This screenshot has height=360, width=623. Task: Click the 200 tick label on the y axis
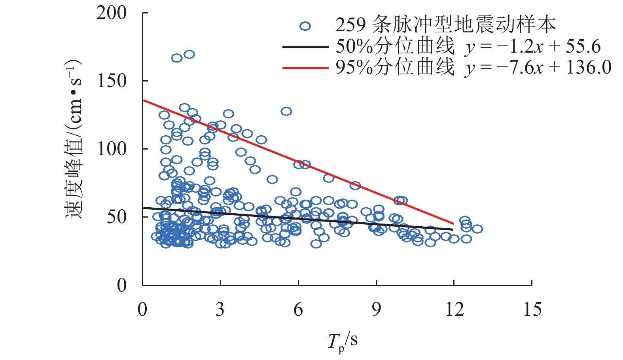(112, 13)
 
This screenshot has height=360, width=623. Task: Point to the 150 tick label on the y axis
(112, 81)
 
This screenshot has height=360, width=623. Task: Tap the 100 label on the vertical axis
(112, 149)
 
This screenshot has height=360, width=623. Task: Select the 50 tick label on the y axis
(117, 217)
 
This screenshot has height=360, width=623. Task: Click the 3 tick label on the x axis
(220, 309)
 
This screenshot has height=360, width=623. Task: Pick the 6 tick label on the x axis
(298, 309)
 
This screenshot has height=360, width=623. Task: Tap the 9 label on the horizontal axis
(376, 309)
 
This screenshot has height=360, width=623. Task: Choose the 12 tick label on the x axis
(454, 309)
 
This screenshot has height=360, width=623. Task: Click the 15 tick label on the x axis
(532, 309)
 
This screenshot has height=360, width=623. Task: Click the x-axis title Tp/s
(343, 341)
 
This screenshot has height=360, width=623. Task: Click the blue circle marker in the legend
(305, 27)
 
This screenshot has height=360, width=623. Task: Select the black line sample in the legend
(305, 47)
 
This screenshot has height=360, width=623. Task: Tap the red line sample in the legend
(305, 68)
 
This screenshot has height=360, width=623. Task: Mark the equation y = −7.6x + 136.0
(538, 68)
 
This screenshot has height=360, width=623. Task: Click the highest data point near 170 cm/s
(189, 54)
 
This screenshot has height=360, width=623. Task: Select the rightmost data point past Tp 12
(477, 229)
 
